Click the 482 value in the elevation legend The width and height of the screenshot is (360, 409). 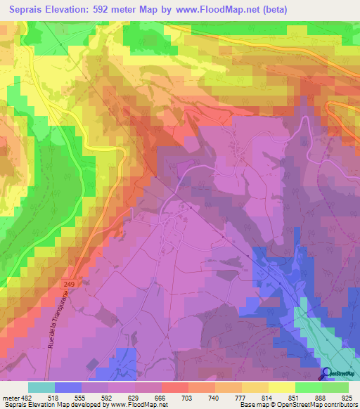[28, 398]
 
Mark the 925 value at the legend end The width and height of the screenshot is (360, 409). [346, 398]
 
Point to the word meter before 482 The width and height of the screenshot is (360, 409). [11, 398]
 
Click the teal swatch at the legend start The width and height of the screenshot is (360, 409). [41, 387]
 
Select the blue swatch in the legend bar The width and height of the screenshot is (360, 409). [68, 387]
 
